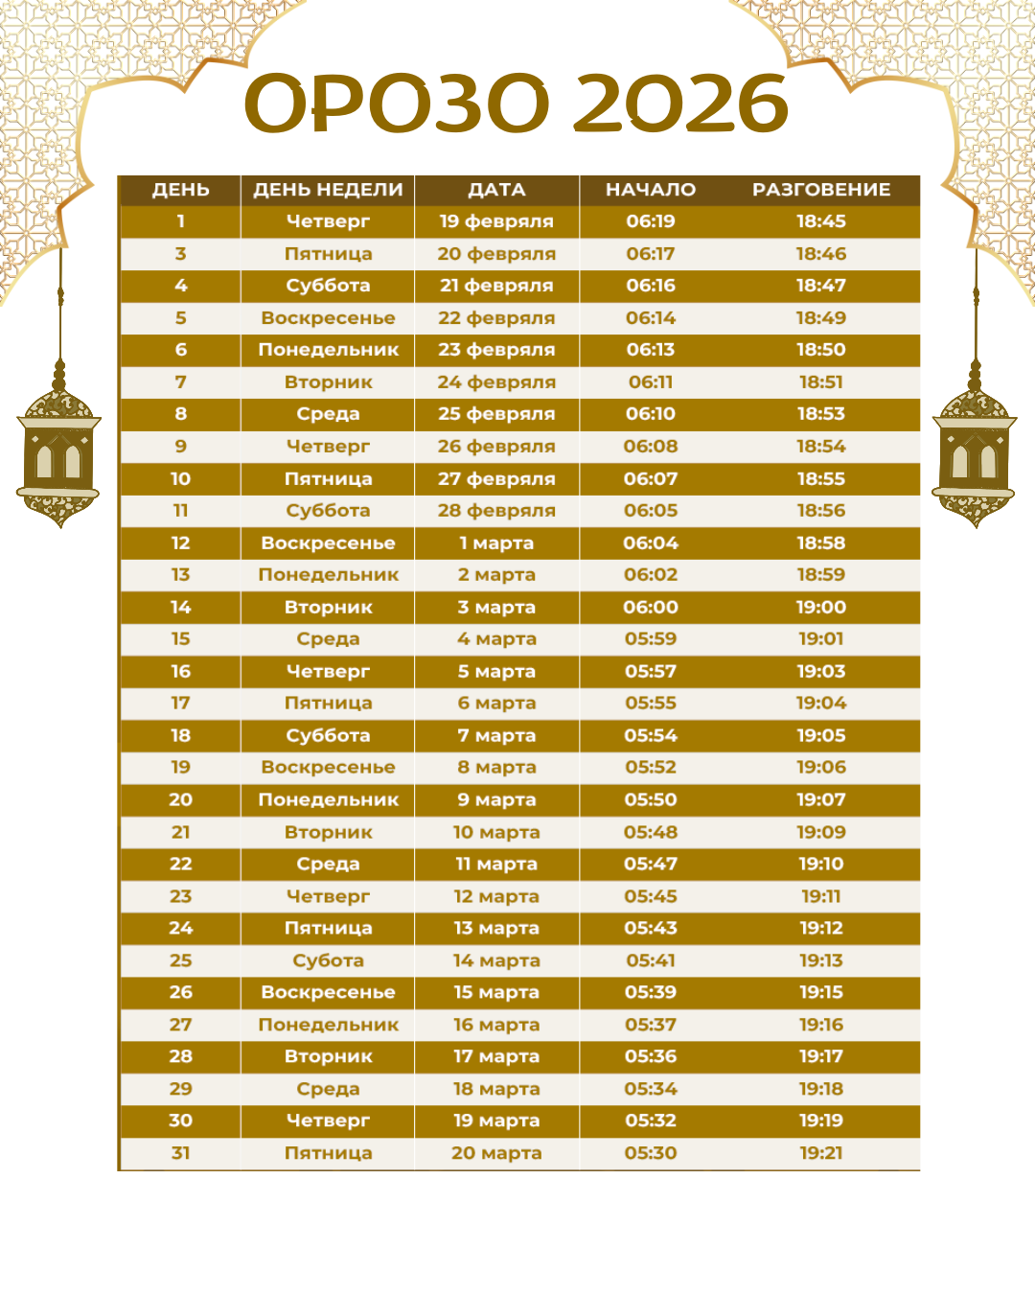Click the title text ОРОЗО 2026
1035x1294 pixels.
[517, 104]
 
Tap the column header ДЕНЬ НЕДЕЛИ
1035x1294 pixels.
[328, 190]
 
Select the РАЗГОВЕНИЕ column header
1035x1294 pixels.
[821, 190]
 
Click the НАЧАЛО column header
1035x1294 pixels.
[651, 190]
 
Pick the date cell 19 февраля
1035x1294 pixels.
[496, 221]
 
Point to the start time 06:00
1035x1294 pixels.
[651, 607]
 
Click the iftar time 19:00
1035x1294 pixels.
[821, 607]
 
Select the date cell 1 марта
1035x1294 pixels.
[496, 543]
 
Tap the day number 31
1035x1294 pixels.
[180, 1153]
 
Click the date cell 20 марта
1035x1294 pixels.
[496, 1153]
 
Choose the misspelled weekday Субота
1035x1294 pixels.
[328, 960]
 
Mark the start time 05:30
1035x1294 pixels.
[651, 1153]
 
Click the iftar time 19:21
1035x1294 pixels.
[821, 1153]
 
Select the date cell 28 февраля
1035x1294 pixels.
[496, 511]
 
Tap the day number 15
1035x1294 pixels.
[180, 639]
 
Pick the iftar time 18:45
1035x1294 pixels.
[821, 221]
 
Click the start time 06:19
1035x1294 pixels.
[651, 221]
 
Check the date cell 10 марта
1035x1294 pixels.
[496, 832]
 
